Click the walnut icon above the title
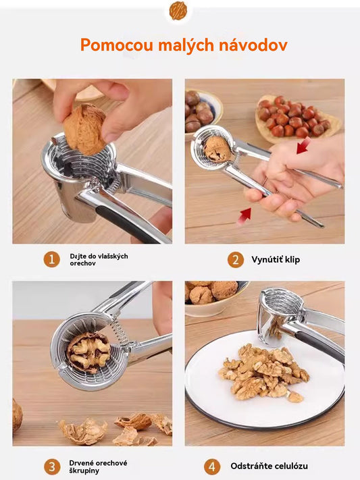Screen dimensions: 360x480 178,10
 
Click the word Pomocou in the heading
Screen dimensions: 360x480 117,45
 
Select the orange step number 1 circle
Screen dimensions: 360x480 51,259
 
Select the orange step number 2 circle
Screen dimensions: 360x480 236,260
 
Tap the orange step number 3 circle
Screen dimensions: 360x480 52,466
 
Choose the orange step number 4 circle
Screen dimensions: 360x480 212,466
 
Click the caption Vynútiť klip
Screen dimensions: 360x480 276,260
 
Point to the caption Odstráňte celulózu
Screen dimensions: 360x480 269,466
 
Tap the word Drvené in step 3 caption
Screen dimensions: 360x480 80,463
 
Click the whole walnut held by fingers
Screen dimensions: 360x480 84,129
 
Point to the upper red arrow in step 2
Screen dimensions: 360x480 303,145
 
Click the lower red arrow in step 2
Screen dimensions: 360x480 245,215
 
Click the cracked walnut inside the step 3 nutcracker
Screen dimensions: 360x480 89,352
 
